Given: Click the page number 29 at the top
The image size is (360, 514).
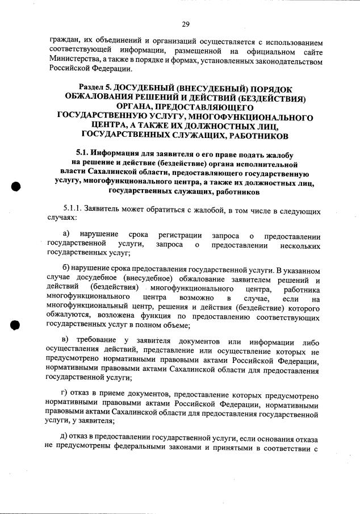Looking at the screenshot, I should pos(185,23).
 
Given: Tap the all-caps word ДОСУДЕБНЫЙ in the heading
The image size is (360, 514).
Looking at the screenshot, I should pos(144,88).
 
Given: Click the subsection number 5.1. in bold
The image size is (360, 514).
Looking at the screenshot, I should pos(85,153).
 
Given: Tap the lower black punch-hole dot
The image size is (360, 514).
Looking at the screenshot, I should pos(16,325).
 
